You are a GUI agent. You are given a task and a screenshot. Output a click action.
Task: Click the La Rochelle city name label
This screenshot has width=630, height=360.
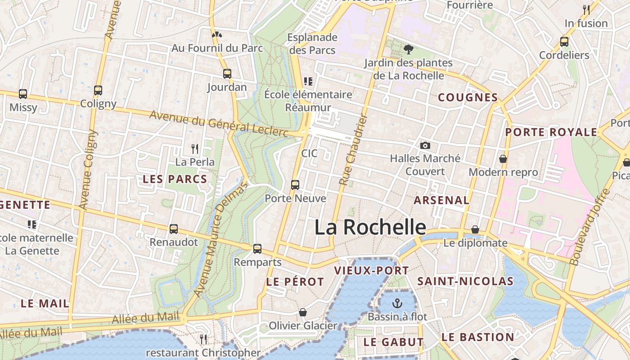pyautogui.click(x=370, y=227)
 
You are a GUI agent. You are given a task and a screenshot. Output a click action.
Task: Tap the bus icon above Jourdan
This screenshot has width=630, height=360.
pyautogui.click(x=227, y=73)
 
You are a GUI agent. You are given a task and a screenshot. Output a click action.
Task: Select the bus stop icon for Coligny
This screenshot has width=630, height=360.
pyautogui.click(x=98, y=90)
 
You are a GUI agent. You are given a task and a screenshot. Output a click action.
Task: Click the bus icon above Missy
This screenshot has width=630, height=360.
pyautogui.click(x=23, y=94)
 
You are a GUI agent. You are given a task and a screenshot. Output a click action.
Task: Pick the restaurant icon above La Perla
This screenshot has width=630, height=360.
pyautogui.click(x=195, y=148)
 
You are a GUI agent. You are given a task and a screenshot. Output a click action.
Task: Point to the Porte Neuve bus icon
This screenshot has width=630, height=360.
pyautogui.click(x=295, y=184)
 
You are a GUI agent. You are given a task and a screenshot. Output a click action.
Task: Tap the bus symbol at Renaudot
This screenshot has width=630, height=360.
pyautogui.click(x=174, y=229)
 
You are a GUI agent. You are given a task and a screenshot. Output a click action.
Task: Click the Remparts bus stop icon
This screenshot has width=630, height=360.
pyautogui.click(x=257, y=248)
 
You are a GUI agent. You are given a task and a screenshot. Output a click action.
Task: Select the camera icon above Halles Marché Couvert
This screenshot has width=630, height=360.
pyautogui.click(x=425, y=145)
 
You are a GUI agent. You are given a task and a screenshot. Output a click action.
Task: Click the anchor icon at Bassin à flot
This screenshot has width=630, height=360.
pyautogui.click(x=397, y=303)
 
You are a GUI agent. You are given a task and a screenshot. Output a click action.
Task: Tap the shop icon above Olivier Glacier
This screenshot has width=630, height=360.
pyautogui.click(x=303, y=312)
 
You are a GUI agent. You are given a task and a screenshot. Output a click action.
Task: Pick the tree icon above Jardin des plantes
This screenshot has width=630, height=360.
pyautogui.click(x=409, y=49)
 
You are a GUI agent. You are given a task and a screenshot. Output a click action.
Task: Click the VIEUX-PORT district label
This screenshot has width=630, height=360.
pyautogui.click(x=372, y=270)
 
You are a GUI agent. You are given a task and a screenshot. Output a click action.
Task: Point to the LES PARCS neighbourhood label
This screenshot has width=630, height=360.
pyautogui.click(x=175, y=179)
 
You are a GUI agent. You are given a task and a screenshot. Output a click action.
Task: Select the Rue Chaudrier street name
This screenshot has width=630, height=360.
pyautogui.click(x=354, y=150)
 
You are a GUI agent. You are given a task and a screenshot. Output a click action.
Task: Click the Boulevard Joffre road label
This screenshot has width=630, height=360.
pyautogui.click(x=589, y=227)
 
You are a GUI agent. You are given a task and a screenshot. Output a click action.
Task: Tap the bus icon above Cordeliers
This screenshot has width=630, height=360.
pyautogui.click(x=564, y=42)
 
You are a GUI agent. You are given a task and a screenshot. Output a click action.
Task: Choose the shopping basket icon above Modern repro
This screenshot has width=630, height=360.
pyautogui.click(x=503, y=159)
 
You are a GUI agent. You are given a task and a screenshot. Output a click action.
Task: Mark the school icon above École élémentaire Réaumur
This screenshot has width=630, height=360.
pyautogui.click(x=308, y=81)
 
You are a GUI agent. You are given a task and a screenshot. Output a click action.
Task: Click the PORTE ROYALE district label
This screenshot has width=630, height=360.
pyautogui.click(x=551, y=132)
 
